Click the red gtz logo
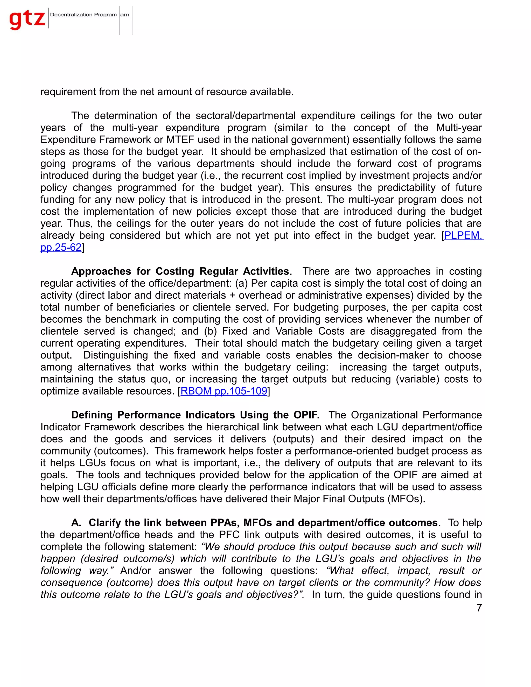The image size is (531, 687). tap(27, 19)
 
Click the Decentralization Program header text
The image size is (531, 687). tap(83, 15)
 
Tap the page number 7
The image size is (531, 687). tap(479, 607)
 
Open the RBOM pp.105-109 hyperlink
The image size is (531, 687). tap(224, 391)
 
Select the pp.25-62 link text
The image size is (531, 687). tap(61, 247)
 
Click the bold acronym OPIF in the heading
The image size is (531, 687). tap(305, 415)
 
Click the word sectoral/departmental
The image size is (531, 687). tap(245, 116)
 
